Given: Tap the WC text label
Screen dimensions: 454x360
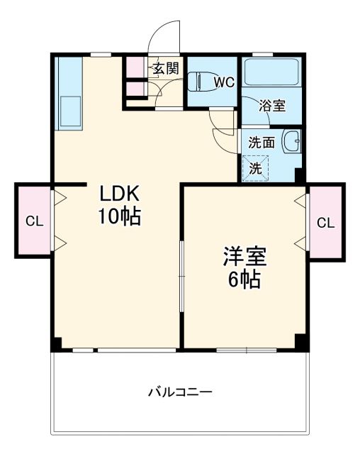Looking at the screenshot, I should coord(224,81).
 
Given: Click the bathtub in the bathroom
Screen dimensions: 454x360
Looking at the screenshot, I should coord(272,74).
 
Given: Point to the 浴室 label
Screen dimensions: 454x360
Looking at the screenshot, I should coord(272,106).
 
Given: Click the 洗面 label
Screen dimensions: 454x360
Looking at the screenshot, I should coord(261,142).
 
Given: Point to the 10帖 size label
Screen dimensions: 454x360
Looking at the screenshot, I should coord(120,216).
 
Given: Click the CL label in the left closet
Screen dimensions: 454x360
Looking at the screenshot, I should coord(34,221).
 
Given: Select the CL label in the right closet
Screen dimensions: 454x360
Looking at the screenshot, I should coord(325,223).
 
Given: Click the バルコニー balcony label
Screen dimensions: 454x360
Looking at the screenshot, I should coord(180,391).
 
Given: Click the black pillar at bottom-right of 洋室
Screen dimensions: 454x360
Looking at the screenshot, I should coord(301,341).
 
